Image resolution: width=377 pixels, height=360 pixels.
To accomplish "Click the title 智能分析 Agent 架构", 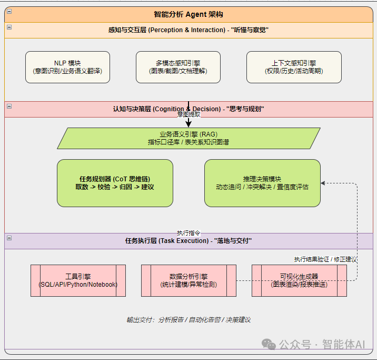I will point(188,14).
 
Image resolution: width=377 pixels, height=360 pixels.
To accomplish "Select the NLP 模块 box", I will point(67,67).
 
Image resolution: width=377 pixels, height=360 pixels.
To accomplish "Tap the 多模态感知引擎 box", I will point(178,67).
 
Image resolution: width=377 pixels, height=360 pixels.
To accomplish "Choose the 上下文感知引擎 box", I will point(294,67).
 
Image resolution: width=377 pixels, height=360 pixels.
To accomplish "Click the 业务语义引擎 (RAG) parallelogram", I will point(188,138).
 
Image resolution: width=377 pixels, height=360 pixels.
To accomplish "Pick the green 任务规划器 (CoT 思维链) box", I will point(115,183).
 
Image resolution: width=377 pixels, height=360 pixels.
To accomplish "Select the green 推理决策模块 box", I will point(262,183).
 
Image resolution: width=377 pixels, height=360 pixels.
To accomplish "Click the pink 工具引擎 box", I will point(78,280).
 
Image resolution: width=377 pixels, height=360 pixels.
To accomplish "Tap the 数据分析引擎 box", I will point(188,280).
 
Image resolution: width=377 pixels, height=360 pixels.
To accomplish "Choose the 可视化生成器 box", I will point(299,280).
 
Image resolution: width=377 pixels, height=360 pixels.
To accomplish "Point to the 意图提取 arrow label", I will point(188,114).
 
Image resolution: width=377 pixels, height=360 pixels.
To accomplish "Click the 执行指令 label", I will point(188,232).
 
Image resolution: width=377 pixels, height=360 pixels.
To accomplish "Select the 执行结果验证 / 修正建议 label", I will point(325,259).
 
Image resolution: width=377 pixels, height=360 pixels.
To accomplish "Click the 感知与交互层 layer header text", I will point(188,30).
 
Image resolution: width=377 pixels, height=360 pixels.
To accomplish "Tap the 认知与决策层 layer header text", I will point(188,109).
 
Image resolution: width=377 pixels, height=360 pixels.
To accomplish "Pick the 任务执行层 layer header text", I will point(188,241).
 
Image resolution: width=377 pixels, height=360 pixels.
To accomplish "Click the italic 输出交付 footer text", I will point(188,319).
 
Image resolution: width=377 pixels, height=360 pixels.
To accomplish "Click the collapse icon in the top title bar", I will point(9,12).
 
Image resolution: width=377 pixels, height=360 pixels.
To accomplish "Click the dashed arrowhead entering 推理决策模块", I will point(323,183).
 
